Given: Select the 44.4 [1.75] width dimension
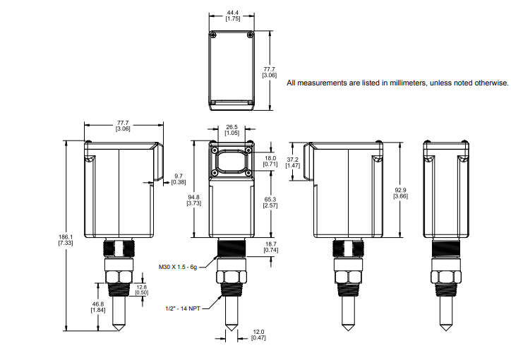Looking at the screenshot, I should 232,16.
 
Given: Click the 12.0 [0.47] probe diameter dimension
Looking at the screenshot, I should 259,335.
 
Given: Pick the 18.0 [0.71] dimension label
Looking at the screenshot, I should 270,161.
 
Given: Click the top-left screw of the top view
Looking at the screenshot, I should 214,34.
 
